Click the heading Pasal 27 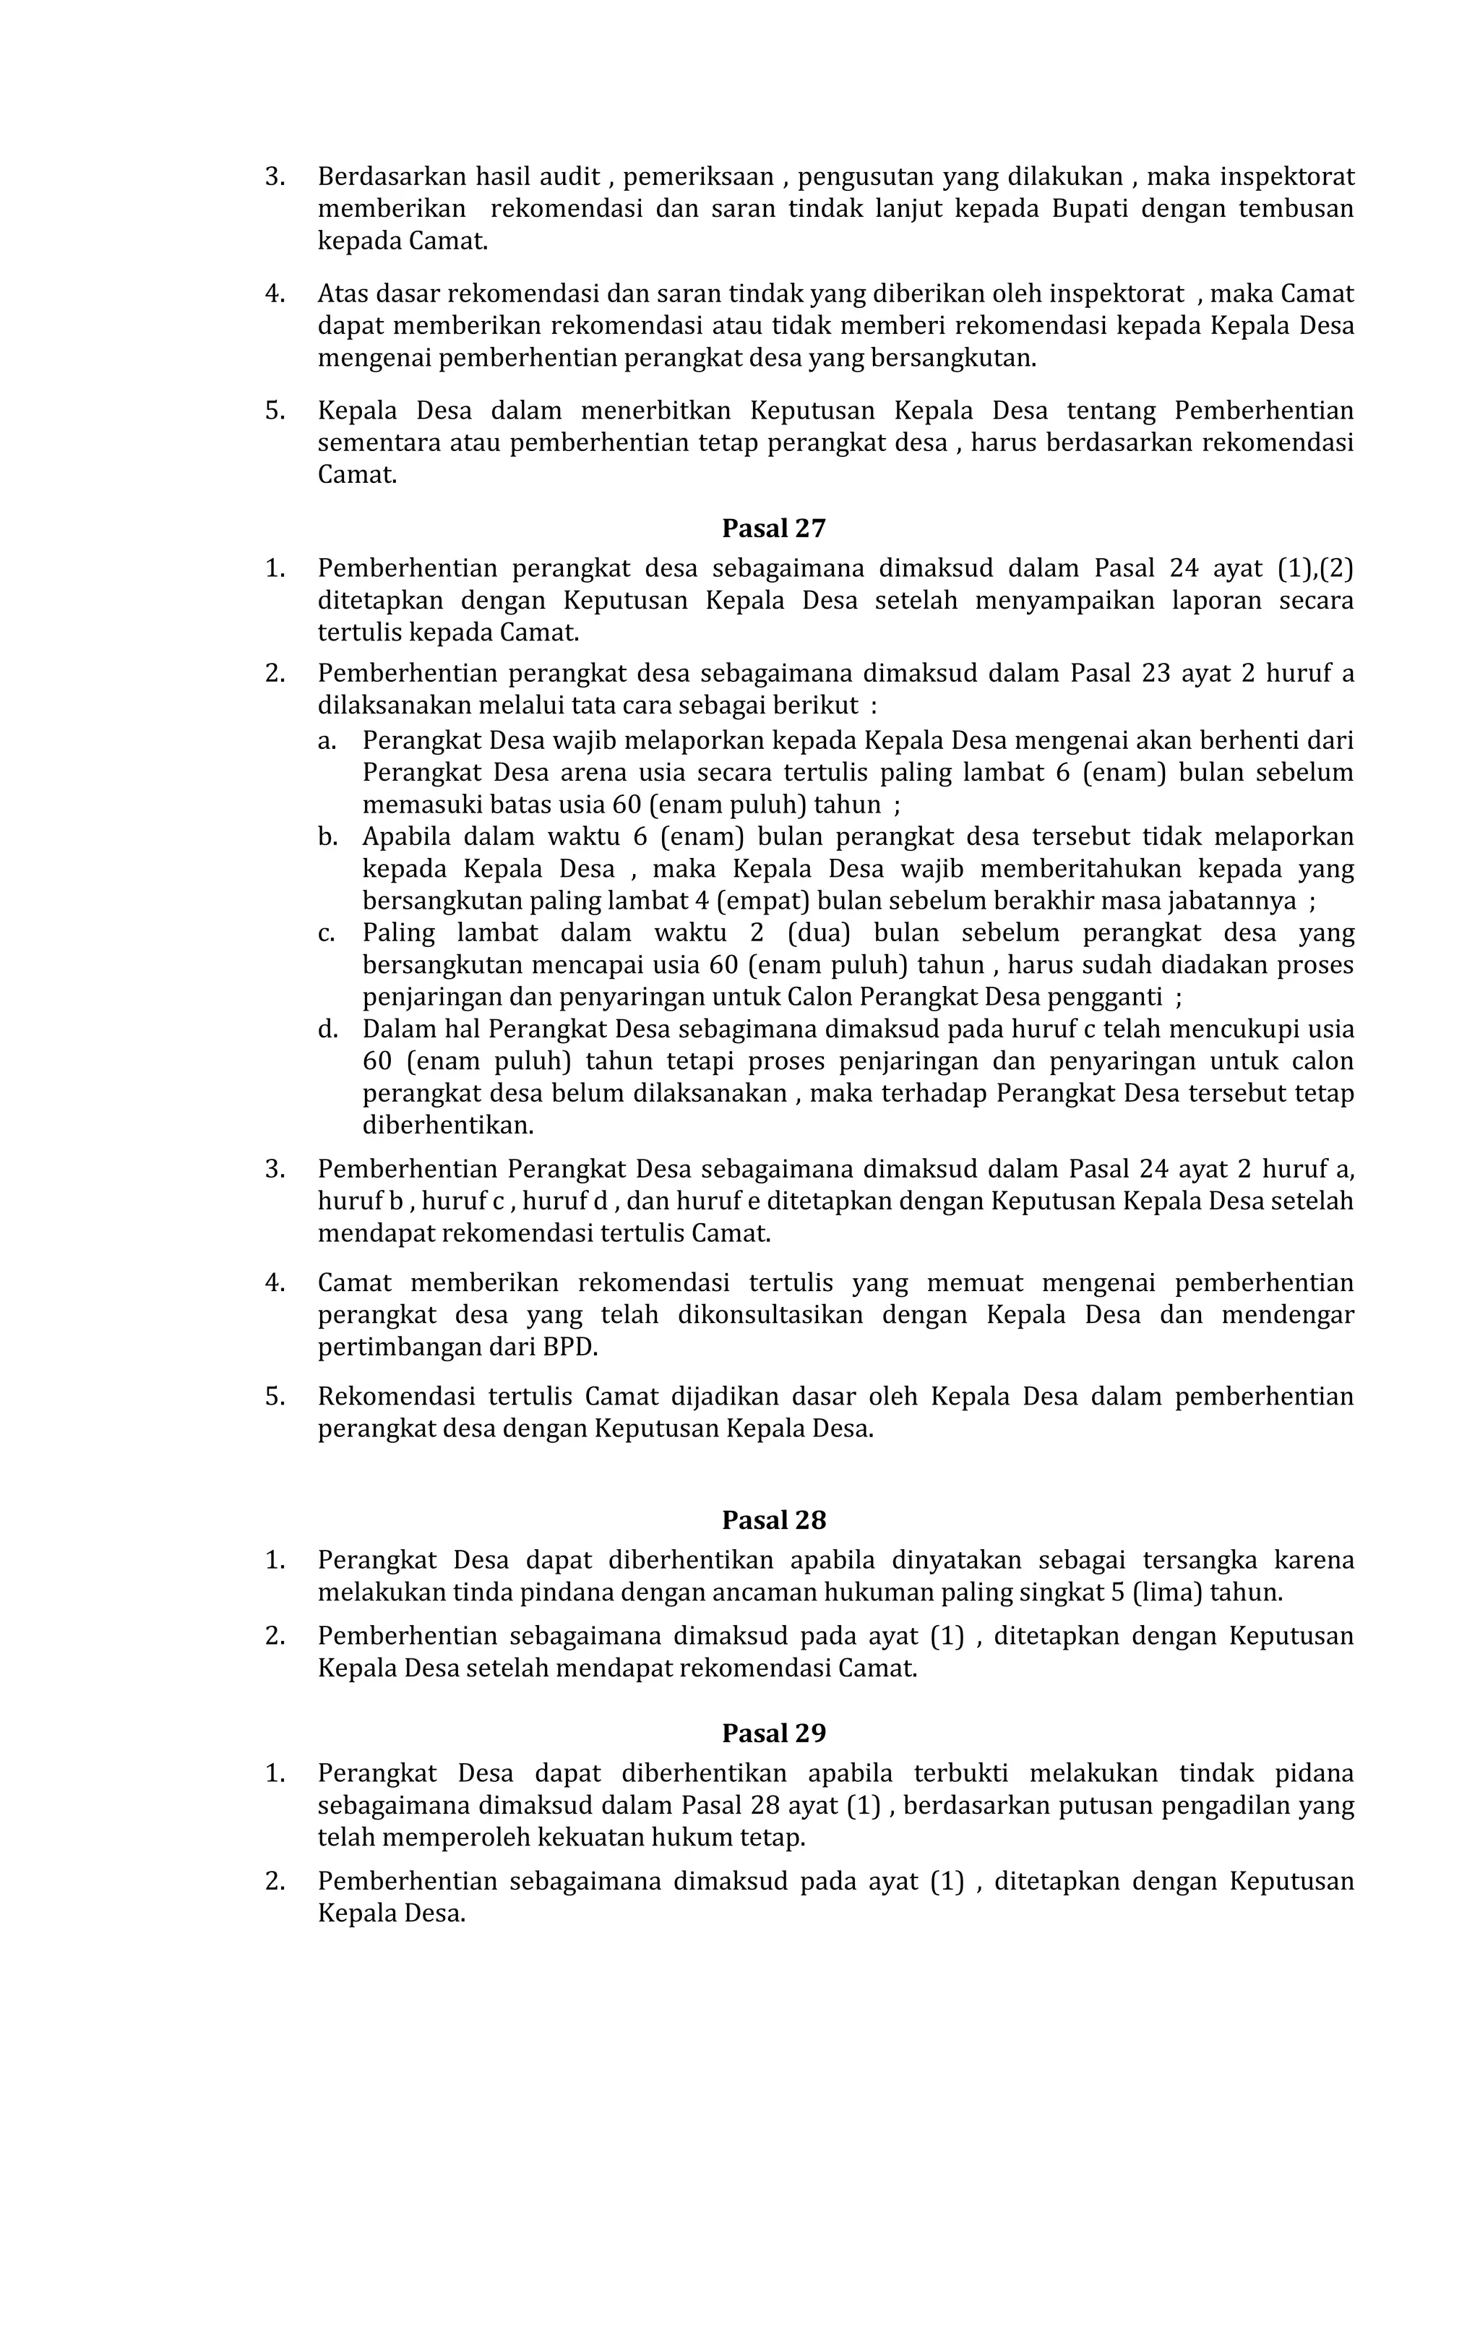(774, 528)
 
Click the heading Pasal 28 (774, 1520)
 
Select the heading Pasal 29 (774, 1733)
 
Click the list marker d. (327, 1029)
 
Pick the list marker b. (327, 837)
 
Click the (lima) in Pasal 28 (1169, 1592)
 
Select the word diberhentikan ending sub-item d (447, 1126)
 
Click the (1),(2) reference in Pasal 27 (1315, 568)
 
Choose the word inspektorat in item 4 (1117, 293)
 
